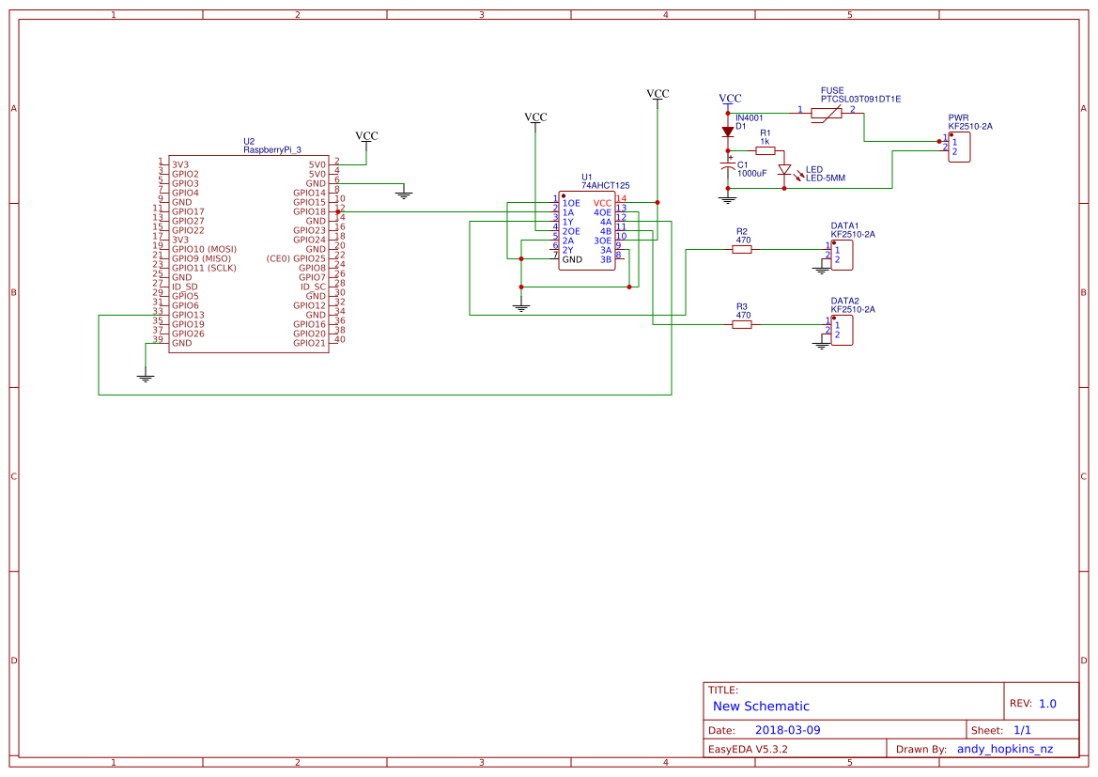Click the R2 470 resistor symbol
tap(742, 249)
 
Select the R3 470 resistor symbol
tap(742, 324)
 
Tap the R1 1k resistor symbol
tap(766, 150)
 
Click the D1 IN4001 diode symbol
tap(727, 132)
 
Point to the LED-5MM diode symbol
tap(784, 170)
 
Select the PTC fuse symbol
tap(826, 113)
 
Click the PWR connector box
tap(959, 147)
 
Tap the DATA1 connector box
tap(842, 255)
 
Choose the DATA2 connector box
tap(842, 330)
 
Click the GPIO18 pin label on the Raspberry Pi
tap(309, 211)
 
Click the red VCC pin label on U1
tap(602, 203)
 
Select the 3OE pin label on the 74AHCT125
tap(602, 241)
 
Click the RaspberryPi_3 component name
tap(272, 149)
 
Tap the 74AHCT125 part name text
tap(606, 186)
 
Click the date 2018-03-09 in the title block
tap(787, 730)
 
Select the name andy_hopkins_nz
tap(1004, 749)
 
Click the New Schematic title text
tap(761, 706)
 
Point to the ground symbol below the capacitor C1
tap(727, 199)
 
